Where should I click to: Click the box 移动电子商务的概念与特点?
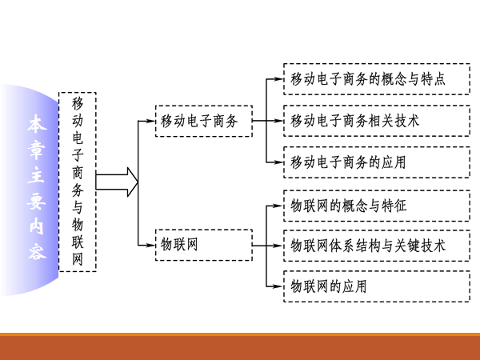point(376,79)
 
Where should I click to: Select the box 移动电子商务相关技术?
point(376,121)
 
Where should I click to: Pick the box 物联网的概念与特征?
point(376,206)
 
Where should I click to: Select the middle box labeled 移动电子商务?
point(204,122)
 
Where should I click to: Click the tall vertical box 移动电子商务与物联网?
point(78,182)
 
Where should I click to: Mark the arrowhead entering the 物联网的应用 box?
point(279,286)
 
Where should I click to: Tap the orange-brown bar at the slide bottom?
point(240,347)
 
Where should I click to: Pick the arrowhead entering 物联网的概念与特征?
point(279,206)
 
